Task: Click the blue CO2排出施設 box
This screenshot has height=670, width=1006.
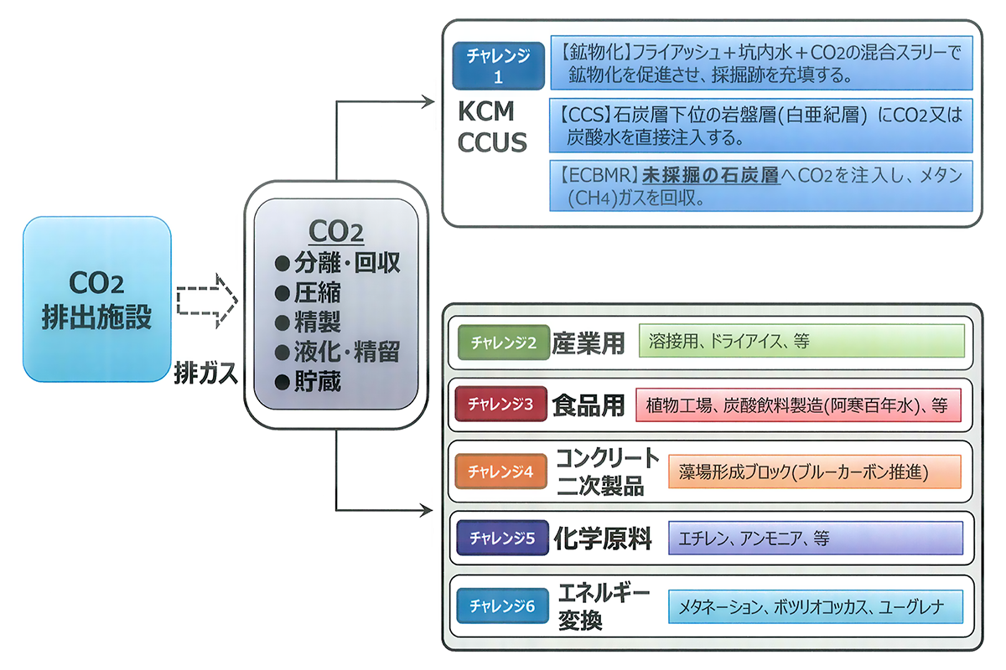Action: pyautogui.click(x=97, y=298)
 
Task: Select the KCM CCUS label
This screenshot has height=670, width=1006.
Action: pyautogui.click(x=491, y=127)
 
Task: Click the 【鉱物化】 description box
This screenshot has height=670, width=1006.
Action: pyautogui.click(x=761, y=63)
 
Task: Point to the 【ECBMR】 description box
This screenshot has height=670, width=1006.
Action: pyautogui.click(x=761, y=186)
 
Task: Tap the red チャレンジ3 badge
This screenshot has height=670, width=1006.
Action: pyautogui.click(x=500, y=405)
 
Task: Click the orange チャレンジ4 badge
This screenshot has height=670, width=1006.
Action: pyautogui.click(x=500, y=471)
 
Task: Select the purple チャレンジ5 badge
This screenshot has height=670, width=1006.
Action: pyautogui.click(x=501, y=538)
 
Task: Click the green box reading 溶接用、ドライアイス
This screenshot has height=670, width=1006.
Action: pyautogui.click(x=801, y=341)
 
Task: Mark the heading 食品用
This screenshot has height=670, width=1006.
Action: pyautogui.click(x=589, y=405)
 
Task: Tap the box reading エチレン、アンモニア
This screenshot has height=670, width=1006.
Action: pyautogui.click(x=815, y=538)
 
